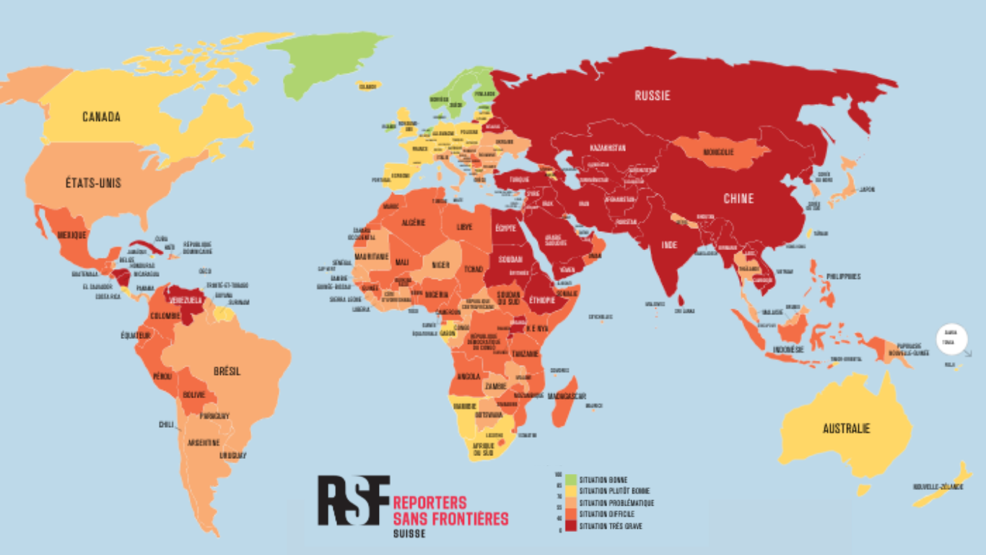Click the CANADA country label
point(101,117)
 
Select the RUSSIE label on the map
point(653,95)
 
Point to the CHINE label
point(738,199)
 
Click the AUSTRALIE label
point(846,429)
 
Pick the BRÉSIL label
point(227,371)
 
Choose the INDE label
point(669,245)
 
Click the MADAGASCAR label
point(567,396)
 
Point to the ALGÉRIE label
point(414,223)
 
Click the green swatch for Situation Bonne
point(570,479)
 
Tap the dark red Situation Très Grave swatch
point(570,526)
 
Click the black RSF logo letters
point(354,500)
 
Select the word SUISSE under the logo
point(409,534)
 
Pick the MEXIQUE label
point(72,235)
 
